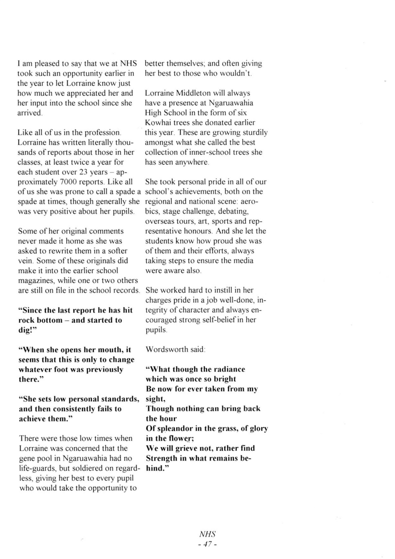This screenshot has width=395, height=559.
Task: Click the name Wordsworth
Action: (166, 349)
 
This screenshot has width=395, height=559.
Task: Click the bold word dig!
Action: (28, 330)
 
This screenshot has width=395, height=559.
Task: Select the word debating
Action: (233, 211)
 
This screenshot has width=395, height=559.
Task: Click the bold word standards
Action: (119, 399)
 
